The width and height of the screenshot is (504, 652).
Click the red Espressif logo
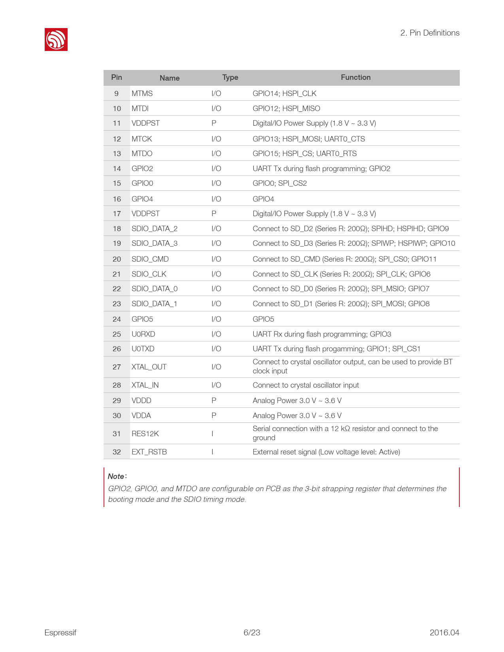click(x=56, y=40)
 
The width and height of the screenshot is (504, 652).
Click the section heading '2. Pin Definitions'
click(x=430, y=33)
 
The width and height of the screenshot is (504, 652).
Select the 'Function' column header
click(x=355, y=77)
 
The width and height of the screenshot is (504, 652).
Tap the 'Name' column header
click(x=170, y=78)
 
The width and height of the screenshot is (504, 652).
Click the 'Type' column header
click(x=230, y=77)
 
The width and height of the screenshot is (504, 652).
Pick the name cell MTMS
click(x=142, y=94)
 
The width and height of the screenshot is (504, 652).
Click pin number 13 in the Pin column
click(x=117, y=154)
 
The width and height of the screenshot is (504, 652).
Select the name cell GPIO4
click(x=142, y=199)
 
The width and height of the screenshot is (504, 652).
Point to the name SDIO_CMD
click(x=150, y=259)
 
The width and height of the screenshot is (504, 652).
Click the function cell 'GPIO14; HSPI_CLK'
click(x=285, y=94)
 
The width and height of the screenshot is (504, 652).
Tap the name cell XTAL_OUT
click(x=149, y=367)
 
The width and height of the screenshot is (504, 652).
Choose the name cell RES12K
click(x=145, y=434)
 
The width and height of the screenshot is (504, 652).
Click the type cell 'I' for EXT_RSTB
click(x=213, y=452)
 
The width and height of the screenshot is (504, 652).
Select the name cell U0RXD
click(x=143, y=334)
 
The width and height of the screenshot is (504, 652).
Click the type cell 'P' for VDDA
click(x=214, y=416)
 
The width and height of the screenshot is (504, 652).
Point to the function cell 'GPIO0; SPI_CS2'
click(x=280, y=183)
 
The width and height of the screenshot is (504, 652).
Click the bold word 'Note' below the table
click(x=116, y=477)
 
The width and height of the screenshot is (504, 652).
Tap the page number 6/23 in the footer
click(x=252, y=633)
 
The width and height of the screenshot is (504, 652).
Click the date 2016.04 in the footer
click(x=444, y=633)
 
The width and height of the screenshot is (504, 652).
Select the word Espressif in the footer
click(x=60, y=633)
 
